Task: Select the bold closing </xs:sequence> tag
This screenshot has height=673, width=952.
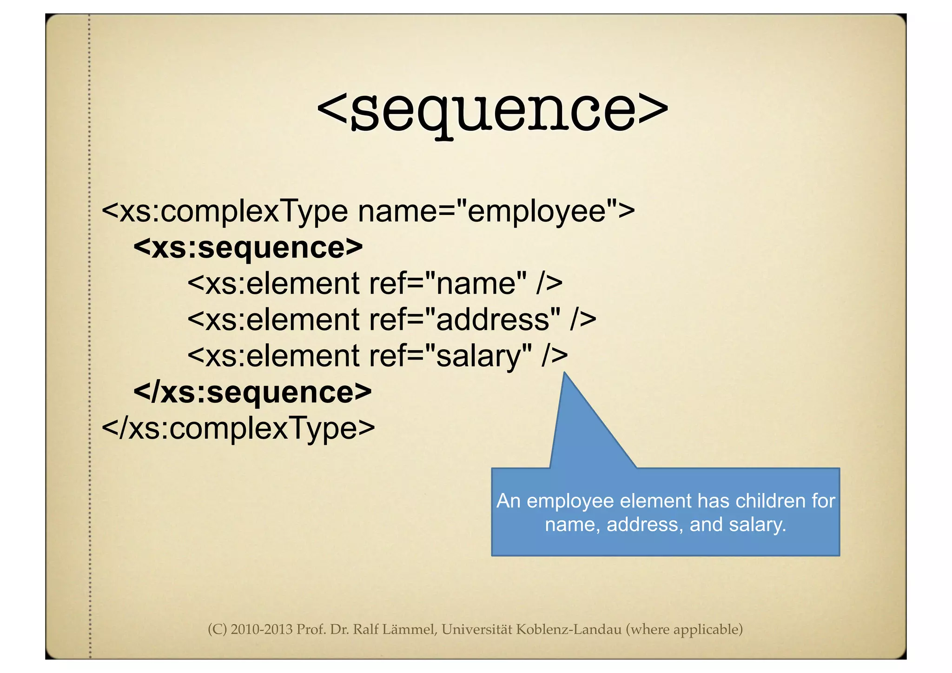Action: coord(252,392)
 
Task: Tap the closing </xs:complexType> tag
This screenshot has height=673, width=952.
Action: coord(238,428)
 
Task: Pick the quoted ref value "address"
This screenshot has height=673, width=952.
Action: coord(493,319)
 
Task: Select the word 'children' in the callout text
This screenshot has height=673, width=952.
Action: coord(770,501)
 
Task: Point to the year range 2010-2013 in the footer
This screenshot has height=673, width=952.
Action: coord(262,629)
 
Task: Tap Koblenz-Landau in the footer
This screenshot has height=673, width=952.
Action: coord(569,629)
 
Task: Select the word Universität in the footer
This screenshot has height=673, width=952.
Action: coord(476,629)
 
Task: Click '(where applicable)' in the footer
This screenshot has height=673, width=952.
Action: coord(684,629)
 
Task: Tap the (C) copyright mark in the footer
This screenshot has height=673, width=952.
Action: coord(217,629)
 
